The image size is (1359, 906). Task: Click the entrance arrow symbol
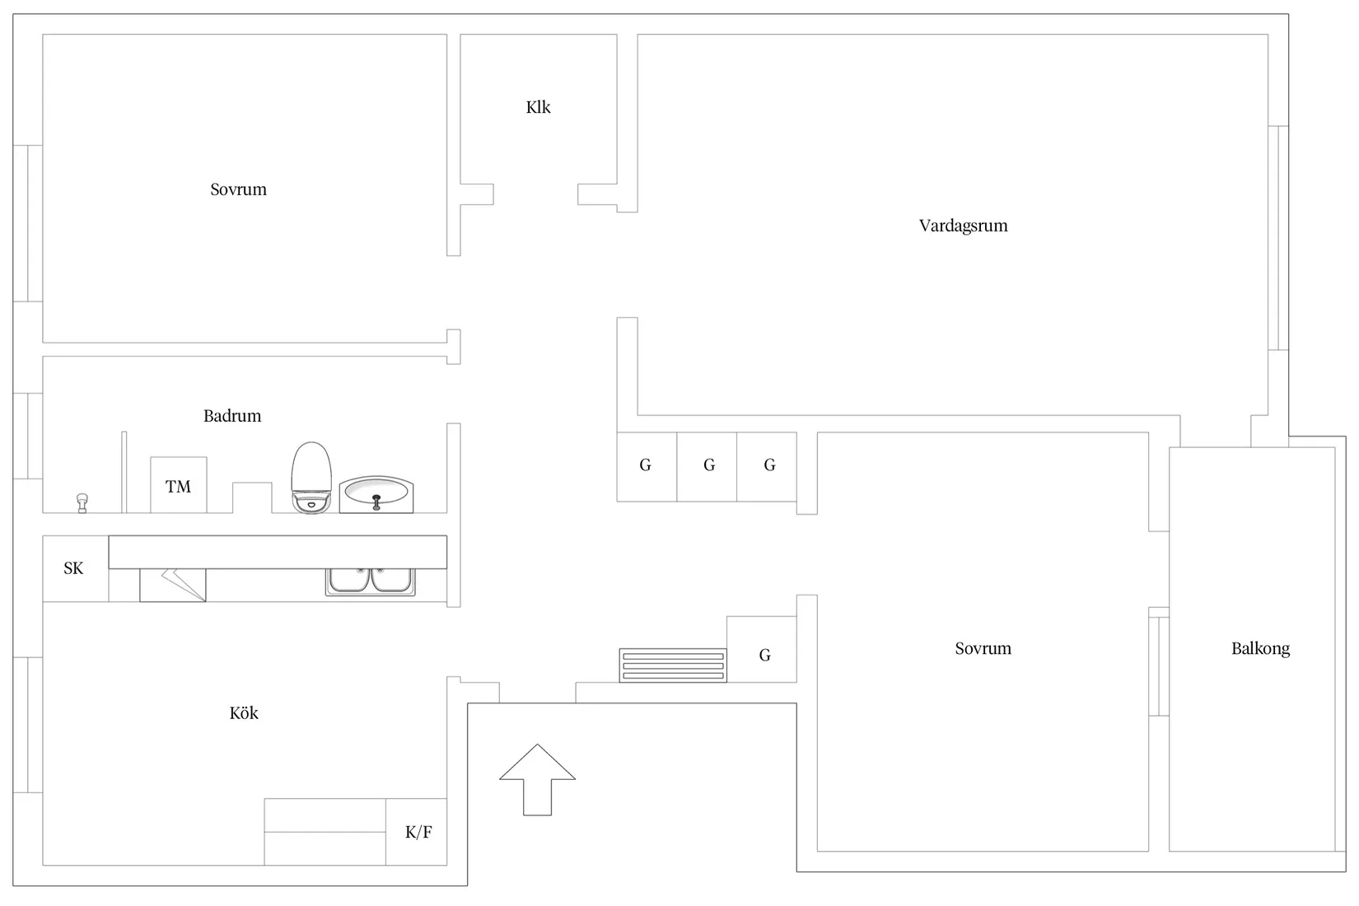(537, 780)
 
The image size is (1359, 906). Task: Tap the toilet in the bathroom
(311, 479)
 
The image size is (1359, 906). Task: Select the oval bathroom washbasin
(376, 494)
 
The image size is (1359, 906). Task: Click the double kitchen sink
(370, 582)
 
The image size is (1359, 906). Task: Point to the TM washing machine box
(179, 485)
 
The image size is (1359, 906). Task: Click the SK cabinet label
(73, 568)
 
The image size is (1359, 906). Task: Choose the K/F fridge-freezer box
(416, 831)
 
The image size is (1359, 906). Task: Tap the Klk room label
(538, 107)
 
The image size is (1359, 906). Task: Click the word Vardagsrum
(963, 226)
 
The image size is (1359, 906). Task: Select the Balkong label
(1260, 649)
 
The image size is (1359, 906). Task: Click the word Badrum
(232, 416)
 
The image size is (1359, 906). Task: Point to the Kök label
(244, 713)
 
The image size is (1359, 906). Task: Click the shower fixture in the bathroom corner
(82, 503)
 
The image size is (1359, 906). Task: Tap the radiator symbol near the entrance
(673, 665)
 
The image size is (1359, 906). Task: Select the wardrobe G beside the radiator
(762, 649)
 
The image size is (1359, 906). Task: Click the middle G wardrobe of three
(707, 467)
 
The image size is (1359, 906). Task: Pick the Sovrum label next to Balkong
(983, 649)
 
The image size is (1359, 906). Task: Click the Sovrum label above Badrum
(238, 189)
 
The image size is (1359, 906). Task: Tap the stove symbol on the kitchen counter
(173, 585)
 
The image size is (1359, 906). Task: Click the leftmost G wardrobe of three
(647, 467)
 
